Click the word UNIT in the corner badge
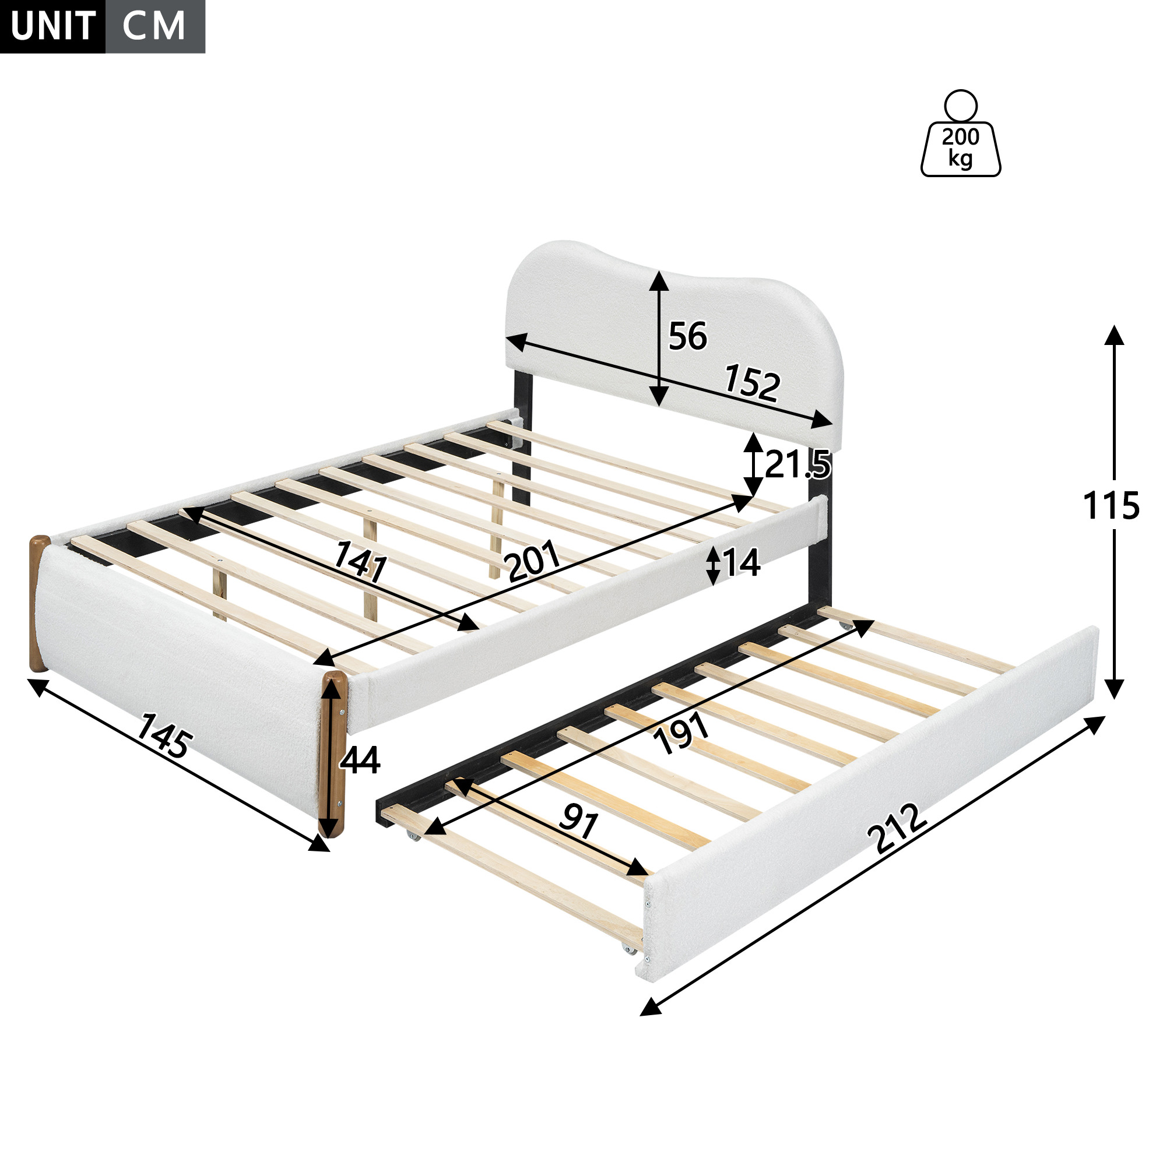[52, 26]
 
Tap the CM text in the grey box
[154, 26]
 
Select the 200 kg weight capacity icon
[961, 133]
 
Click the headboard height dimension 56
[687, 336]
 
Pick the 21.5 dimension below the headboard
[797, 464]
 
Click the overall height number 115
[1111, 506]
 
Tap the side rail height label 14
[742, 563]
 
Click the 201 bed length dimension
[533, 561]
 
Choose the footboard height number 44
[360, 760]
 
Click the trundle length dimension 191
[683, 733]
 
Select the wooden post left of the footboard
[38, 603]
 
